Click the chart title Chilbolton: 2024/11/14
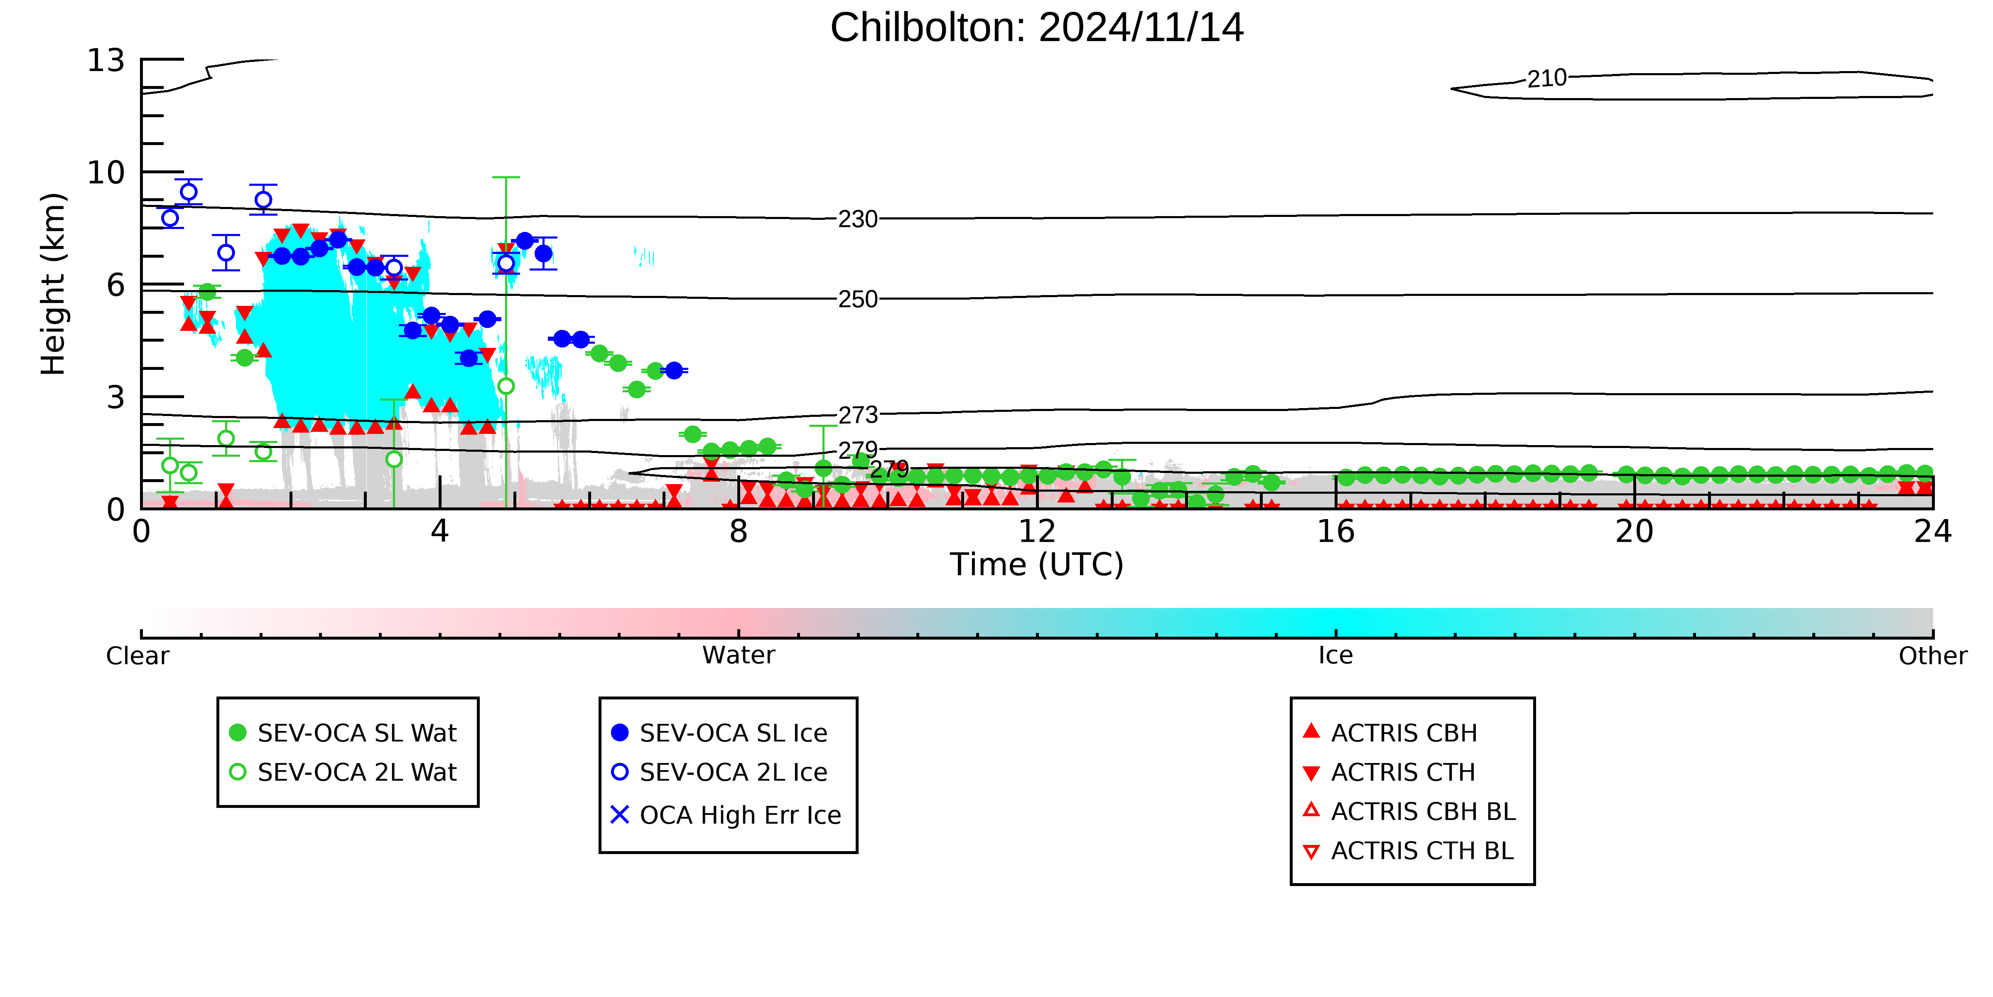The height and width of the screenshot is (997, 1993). [1037, 28]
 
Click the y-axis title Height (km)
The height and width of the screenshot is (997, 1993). [54, 284]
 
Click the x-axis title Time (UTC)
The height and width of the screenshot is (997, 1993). [1037, 564]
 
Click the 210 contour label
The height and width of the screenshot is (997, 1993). [1546, 78]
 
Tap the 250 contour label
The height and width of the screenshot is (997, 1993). [858, 300]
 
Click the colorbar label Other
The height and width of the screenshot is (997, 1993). [1933, 656]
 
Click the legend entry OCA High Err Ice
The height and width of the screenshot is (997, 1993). [727, 815]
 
